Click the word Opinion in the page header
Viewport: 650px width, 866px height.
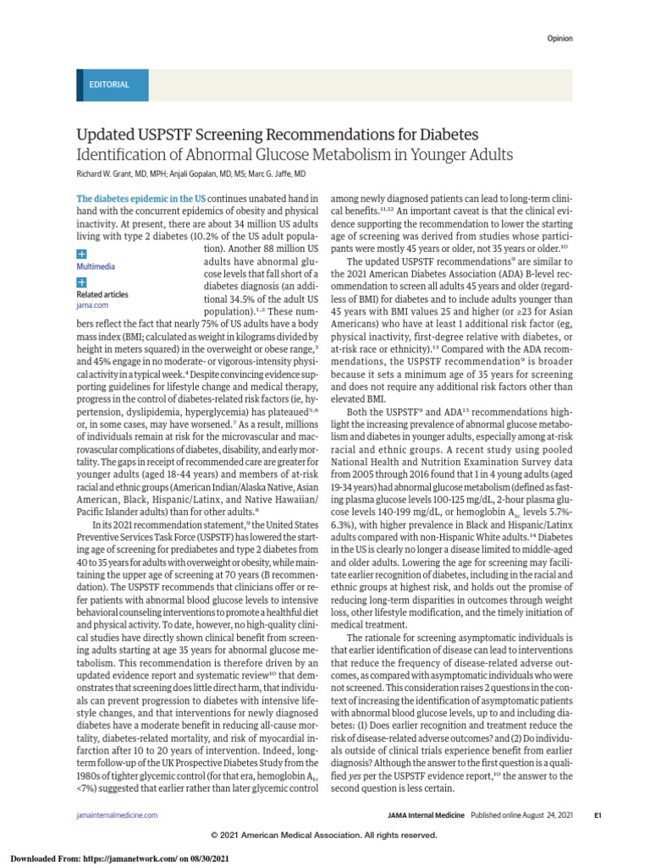tap(559, 38)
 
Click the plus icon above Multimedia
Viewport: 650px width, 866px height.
tap(81, 253)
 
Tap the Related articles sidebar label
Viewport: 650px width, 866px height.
tap(102, 293)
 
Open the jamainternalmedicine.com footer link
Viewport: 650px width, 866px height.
tap(117, 814)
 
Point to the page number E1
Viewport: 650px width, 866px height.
tap(573, 814)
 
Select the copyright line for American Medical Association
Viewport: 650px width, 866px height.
tap(325, 835)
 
